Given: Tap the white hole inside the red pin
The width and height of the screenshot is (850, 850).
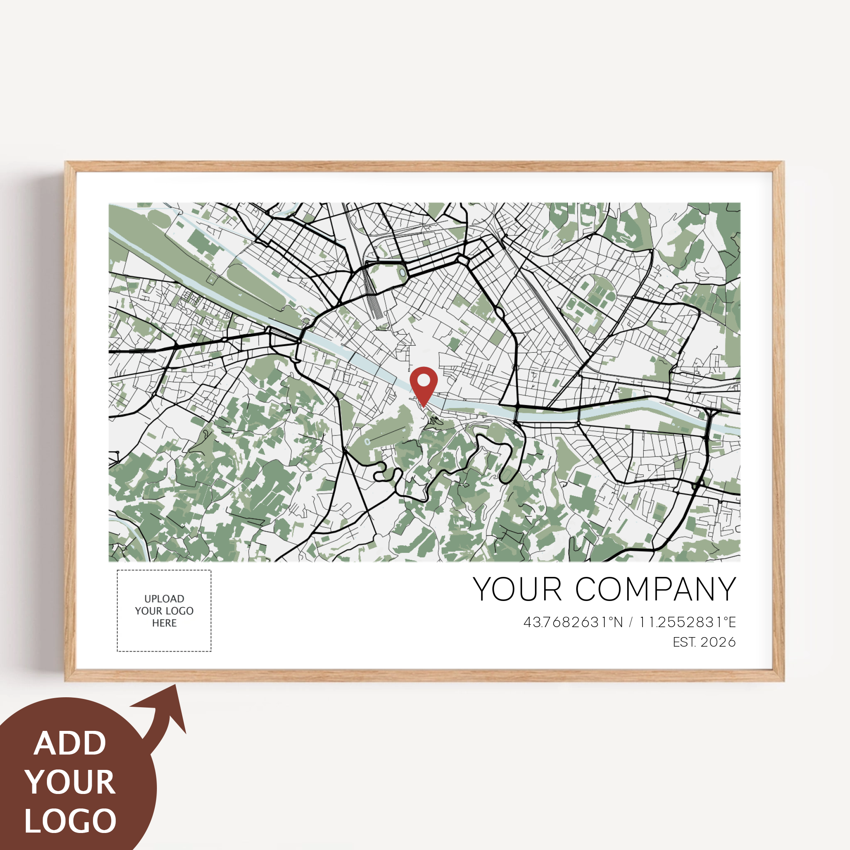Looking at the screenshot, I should pyautogui.click(x=423, y=379).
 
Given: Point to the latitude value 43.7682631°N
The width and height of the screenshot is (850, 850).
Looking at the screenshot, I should pyautogui.click(x=573, y=622).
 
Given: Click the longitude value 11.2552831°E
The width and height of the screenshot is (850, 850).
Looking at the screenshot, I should pyautogui.click(x=687, y=622).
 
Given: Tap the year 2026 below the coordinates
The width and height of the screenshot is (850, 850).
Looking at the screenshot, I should pyautogui.click(x=718, y=642).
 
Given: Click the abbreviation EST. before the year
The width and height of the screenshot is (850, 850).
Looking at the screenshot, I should pyautogui.click(x=684, y=642).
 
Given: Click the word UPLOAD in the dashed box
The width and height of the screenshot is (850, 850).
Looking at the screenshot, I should pyautogui.click(x=164, y=599).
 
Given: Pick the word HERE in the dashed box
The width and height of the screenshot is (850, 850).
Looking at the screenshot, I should pyautogui.click(x=164, y=623).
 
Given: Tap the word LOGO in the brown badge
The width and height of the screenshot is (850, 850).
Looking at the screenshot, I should pyautogui.click(x=71, y=821).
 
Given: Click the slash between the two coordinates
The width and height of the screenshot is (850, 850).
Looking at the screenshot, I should pyautogui.click(x=631, y=622).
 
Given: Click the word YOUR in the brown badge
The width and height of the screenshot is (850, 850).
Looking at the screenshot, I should pyautogui.click(x=71, y=782).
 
